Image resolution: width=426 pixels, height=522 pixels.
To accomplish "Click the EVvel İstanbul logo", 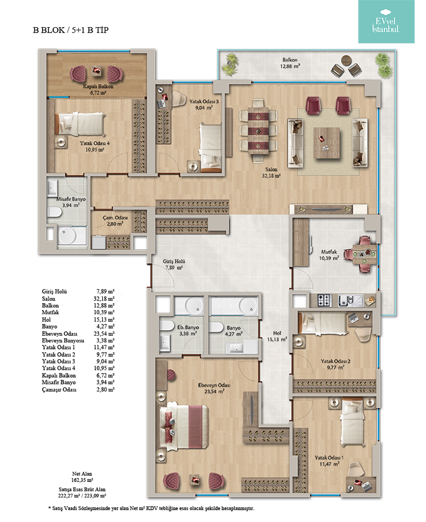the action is pyautogui.click(x=386, y=21).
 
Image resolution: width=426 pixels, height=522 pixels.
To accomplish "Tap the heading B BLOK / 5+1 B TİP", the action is pyautogui.click(x=71, y=30).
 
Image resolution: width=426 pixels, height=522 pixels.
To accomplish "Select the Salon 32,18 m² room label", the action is pyautogui.click(x=271, y=173).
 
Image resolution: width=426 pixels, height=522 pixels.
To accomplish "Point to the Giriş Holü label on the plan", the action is pyautogui.click(x=174, y=262).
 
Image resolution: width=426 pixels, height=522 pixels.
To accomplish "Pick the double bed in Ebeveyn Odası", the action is pyautogui.click(x=184, y=426).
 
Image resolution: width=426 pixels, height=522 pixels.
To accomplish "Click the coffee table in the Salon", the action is pyautogui.click(x=326, y=143).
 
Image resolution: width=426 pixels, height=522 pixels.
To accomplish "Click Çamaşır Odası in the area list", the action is pyautogui.click(x=59, y=389).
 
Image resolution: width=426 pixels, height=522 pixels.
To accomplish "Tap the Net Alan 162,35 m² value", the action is pyautogui.click(x=82, y=480).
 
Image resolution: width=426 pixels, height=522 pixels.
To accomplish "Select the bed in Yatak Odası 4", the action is pyautogui.click(x=80, y=124).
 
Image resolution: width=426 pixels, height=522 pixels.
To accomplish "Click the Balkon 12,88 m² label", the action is pyautogui.click(x=290, y=63).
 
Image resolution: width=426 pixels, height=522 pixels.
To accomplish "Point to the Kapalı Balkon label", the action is pyautogui.click(x=98, y=86).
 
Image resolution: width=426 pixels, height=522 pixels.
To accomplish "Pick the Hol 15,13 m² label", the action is pyautogui.click(x=277, y=336).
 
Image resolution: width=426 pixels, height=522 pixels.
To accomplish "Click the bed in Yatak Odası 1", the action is pyautogui.click(x=353, y=423).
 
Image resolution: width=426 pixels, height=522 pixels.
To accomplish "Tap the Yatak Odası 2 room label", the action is pyautogui.click(x=335, y=361).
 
